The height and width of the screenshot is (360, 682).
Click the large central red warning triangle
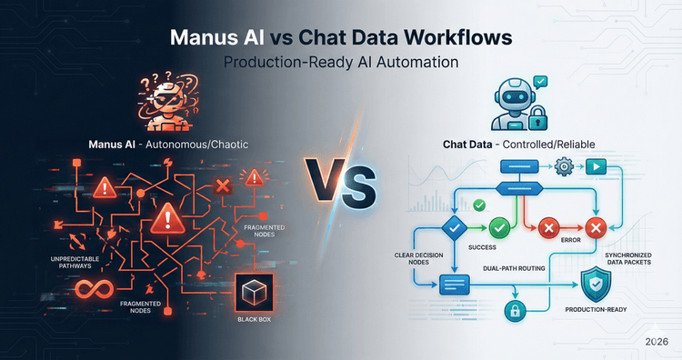pyautogui.click(x=167, y=219)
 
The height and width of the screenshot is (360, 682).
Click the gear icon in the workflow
pyautogui.click(x=563, y=167)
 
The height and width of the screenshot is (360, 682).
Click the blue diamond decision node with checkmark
pyautogui.click(x=453, y=227)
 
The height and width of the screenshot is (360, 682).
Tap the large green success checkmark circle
pyautogui.click(x=500, y=227)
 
